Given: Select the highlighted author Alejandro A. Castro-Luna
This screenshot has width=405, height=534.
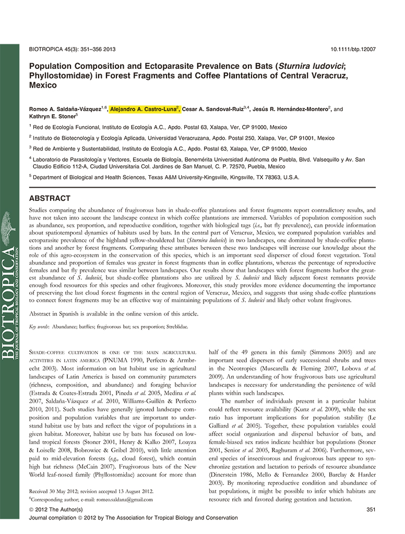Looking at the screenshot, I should click(145, 109).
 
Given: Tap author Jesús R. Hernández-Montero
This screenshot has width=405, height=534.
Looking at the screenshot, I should click(292, 109).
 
